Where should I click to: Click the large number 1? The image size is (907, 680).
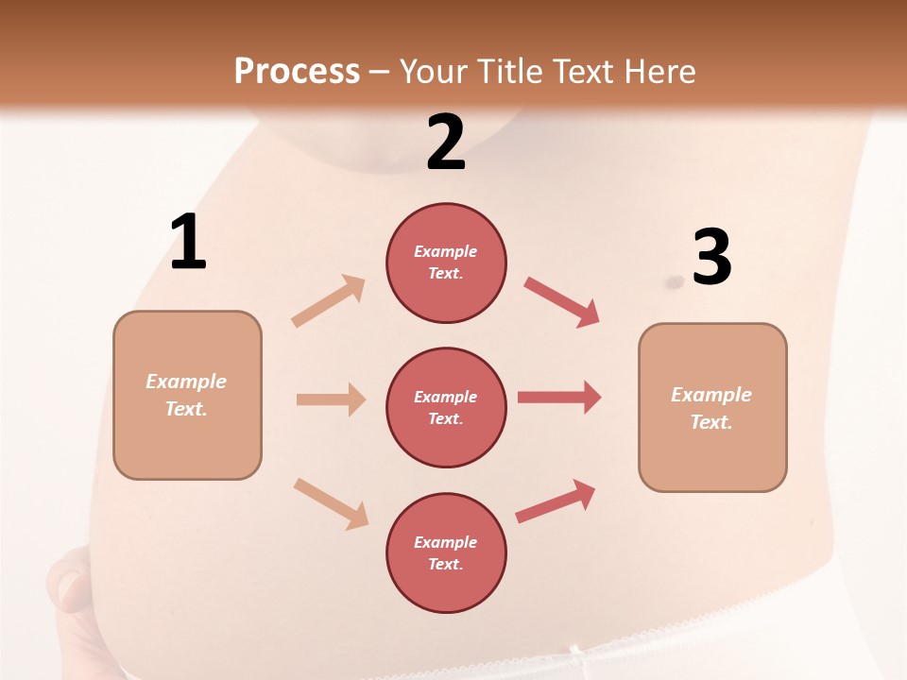click(x=188, y=243)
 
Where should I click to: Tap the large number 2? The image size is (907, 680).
click(x=446, y=143)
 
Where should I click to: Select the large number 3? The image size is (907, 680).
click(x=711, y=257)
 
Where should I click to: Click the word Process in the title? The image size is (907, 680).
click(x=297, y=71)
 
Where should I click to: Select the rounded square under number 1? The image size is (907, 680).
click(x=187, y=395)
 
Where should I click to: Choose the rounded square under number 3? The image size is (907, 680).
click(x=712, y=407)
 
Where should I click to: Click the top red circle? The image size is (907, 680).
click(x=446, y=263)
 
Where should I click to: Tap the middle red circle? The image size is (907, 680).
click(x=446, y=407)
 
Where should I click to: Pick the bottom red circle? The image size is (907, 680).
click(x=446, y=552)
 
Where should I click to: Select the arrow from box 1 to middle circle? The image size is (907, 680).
click(x=331, y=399)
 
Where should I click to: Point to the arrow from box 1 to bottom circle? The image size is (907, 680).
click(x=331, y=502)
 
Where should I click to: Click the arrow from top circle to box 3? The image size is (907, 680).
click(x=561, y=301)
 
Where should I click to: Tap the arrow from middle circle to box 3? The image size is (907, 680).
click(x=559, y=397)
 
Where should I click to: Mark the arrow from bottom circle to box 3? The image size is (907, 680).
click(x=556, y=501)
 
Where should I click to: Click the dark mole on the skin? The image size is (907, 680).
click(x=675, y=281)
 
